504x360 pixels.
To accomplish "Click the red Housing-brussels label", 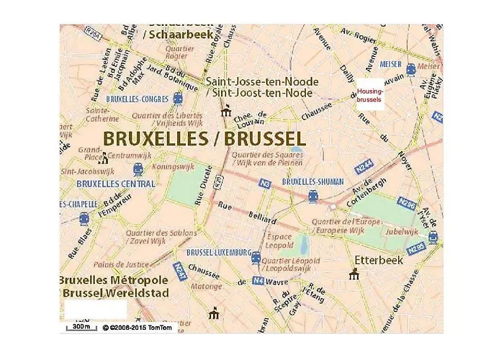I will click(x=370, y=95).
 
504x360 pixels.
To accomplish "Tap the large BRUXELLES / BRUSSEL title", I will click(x=204, y=137).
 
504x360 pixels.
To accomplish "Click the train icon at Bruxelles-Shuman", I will click(x=312, y=196).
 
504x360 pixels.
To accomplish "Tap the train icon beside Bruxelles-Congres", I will click(x=178, y=99).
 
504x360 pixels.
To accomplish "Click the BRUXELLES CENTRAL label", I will click(x=115, y=184).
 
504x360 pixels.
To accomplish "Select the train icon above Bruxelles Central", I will click(x=138, y=169).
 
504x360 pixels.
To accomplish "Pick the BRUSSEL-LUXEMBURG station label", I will click(x=218, y=253).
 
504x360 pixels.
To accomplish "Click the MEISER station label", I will click(x=392, y=64).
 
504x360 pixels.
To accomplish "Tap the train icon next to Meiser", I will click(x=411, y=69).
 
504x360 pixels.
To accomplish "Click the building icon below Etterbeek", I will click(x=354, y=274).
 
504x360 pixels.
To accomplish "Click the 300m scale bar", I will click(x=81, y=328).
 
